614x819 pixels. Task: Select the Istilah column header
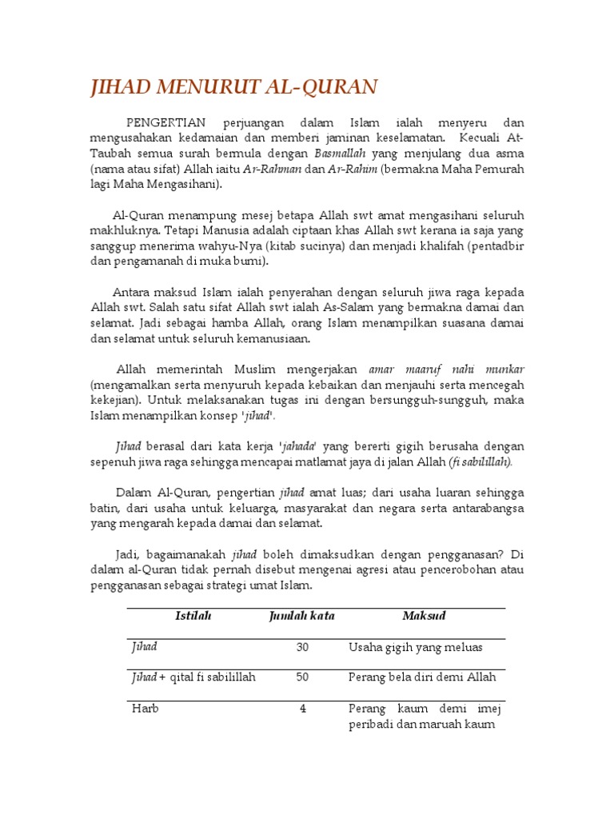click(x=188, y=616)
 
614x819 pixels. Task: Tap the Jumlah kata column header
click(x=301, y=616)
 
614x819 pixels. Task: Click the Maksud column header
click(x=424, y=616)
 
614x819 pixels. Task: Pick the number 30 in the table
click(x=302, y=647)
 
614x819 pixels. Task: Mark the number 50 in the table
click(x=302, y=677)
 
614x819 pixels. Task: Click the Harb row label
click(x=146, y=709)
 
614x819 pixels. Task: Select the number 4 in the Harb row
click(x=303, y=709)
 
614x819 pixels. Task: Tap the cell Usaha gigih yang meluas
click(x=416, y=647)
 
